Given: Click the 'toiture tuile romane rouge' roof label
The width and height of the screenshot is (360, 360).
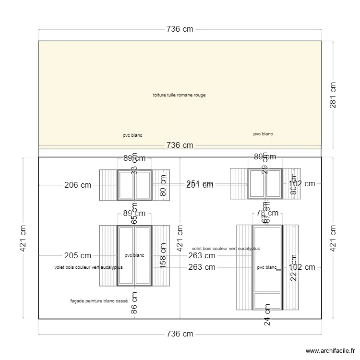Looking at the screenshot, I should click(179, 95).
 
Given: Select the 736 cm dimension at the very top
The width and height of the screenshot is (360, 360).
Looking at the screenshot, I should click(180, 29).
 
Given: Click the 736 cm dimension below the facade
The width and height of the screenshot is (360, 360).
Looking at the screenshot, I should click(180, 334).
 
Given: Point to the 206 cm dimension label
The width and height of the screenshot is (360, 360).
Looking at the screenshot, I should click(77, 184).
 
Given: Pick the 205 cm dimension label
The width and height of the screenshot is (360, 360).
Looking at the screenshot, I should click(77, 256).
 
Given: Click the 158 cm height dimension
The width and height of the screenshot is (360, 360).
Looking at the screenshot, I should click(163, 256).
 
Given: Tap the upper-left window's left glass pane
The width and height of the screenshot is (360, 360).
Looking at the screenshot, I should click(127, 185).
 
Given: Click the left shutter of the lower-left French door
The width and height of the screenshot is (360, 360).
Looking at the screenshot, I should click(108, 255).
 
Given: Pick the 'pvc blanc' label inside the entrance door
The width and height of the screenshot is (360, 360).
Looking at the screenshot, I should click(267, 267).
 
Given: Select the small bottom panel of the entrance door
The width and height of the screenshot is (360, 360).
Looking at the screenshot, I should click(268, 301).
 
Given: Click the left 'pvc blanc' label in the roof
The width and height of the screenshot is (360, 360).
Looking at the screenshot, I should click(132, 135).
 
